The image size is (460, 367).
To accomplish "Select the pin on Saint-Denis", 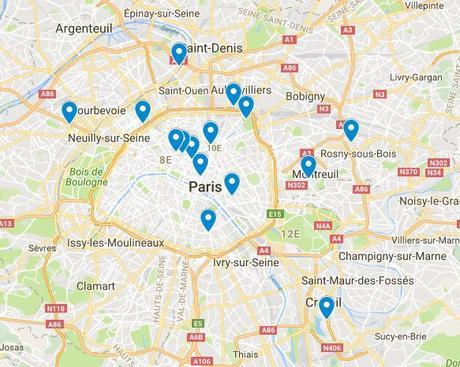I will (179, 54).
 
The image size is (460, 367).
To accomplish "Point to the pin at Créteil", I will (326, 307).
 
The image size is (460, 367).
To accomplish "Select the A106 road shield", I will (201, 360).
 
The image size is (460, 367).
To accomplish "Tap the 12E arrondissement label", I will (290, 233).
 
